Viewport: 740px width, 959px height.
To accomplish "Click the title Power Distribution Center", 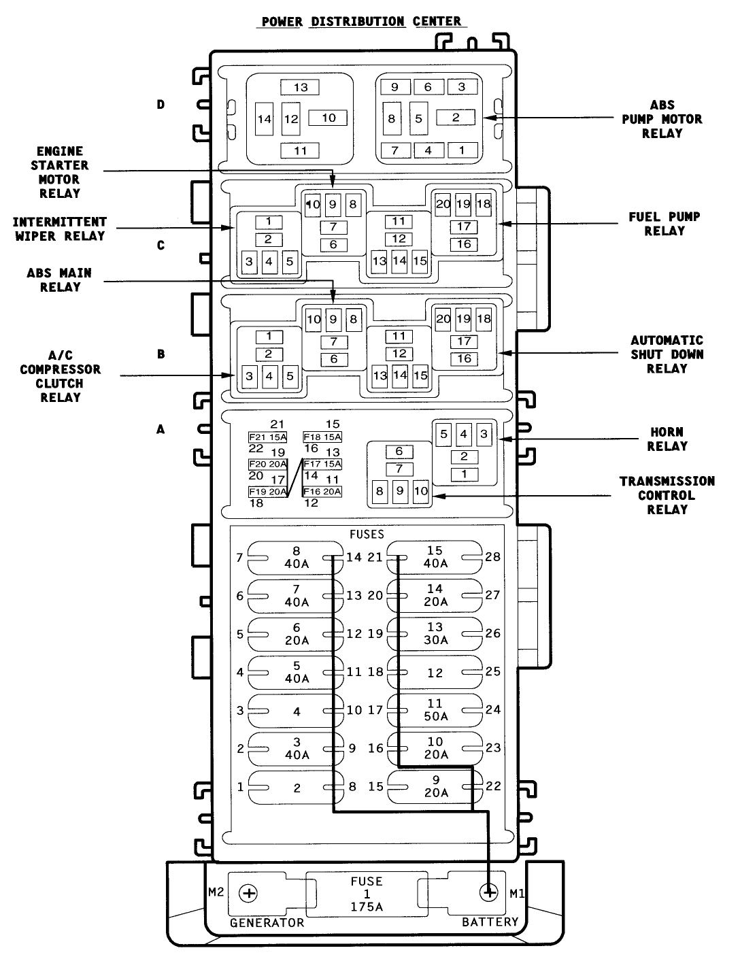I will click(x=362, y=21).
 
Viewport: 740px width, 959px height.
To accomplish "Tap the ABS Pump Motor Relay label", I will click(x=662, y=119).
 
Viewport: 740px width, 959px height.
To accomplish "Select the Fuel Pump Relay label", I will click(x=664, y=224).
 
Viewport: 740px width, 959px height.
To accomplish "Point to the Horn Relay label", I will click(x=667, y=439).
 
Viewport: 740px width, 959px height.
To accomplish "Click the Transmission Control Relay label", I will click(x=667, y=495).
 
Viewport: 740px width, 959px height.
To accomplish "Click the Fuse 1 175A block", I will click(x=367, y=894).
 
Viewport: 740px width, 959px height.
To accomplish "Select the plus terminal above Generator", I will click(x=250, y=893).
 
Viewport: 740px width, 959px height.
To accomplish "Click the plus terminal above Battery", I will click(x=488, y=892).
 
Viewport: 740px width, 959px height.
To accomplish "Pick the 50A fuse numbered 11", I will click(x=435, y=709).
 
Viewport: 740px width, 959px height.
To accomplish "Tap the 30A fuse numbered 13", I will click(x=435, y=633).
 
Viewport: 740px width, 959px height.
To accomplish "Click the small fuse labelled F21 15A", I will click(x=268, y=437).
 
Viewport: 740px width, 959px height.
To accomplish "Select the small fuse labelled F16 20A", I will click(x=322, y=492).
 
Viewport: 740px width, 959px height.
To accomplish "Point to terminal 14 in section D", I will click(x=265, y=119).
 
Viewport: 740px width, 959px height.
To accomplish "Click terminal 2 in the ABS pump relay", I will click(x=456, y=117).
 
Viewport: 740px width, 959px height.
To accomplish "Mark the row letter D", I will click(x=161, y=105).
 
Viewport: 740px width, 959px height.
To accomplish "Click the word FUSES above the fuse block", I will click(x=367, y=535).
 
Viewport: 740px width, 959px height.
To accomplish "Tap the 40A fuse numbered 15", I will click(x=435, y=557).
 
